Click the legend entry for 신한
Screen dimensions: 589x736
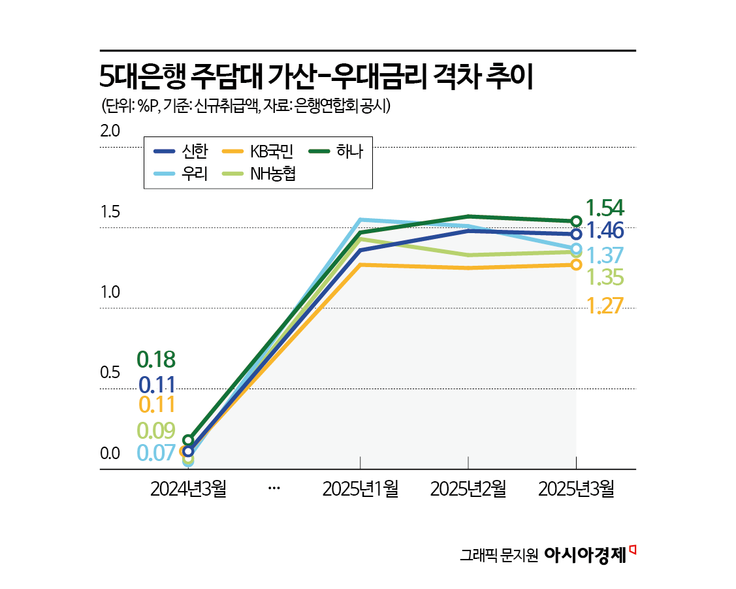(181, 151)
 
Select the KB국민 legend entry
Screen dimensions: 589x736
(261, 151)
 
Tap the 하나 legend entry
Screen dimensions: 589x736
(336, 151)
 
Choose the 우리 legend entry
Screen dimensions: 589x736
(181, 174)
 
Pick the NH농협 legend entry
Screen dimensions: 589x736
(261, 174)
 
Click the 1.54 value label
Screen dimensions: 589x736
(605, 208)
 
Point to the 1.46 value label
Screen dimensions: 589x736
(605, 231)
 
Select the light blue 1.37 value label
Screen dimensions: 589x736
(605, 255)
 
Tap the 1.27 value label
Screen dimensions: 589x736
(605, 306)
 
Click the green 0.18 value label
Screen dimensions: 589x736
(156, 359)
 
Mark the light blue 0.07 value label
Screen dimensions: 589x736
(156, 453)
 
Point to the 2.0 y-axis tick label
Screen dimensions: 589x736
(110, 131)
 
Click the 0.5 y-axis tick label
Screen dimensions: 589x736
(110, 373)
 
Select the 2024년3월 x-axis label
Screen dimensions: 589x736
(188, 489)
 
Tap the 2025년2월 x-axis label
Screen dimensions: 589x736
(468, 489)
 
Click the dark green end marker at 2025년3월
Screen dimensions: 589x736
(576, 221)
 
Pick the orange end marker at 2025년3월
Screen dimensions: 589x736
(576, 264)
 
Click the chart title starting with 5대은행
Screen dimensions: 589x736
(317, 77)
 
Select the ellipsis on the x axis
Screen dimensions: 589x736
(274, 489)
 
